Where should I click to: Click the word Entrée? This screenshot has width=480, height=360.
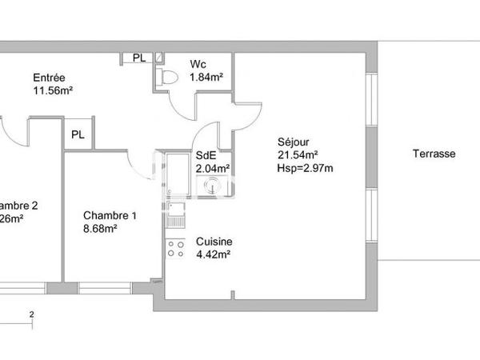(49, 78)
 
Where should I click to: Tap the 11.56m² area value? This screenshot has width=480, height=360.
(54, 91)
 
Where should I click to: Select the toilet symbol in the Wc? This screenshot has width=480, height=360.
(167, 75)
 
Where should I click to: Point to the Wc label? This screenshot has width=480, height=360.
(198, 64)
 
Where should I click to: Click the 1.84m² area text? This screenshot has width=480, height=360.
(206, 78)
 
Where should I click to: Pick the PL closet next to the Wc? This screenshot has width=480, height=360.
(138, 58)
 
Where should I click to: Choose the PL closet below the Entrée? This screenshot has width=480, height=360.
(78, 134)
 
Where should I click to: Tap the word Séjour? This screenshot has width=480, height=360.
(293, 141)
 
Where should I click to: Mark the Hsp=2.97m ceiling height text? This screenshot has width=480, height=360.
(305, 168)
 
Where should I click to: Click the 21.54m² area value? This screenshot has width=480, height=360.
(298, 154)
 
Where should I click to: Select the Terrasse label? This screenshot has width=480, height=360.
(434, 154)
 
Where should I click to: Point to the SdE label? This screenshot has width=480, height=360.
(206, 155)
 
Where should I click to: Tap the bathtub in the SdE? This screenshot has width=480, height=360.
(175, 180)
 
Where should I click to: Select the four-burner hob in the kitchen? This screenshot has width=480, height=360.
(174, 248)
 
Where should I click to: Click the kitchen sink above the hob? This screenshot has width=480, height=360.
(174, 214)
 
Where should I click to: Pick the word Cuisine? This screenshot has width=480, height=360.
(214, 242)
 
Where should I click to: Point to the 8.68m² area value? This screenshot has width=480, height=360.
(101, 229)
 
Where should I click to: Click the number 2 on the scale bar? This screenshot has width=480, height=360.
(31, 314)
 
